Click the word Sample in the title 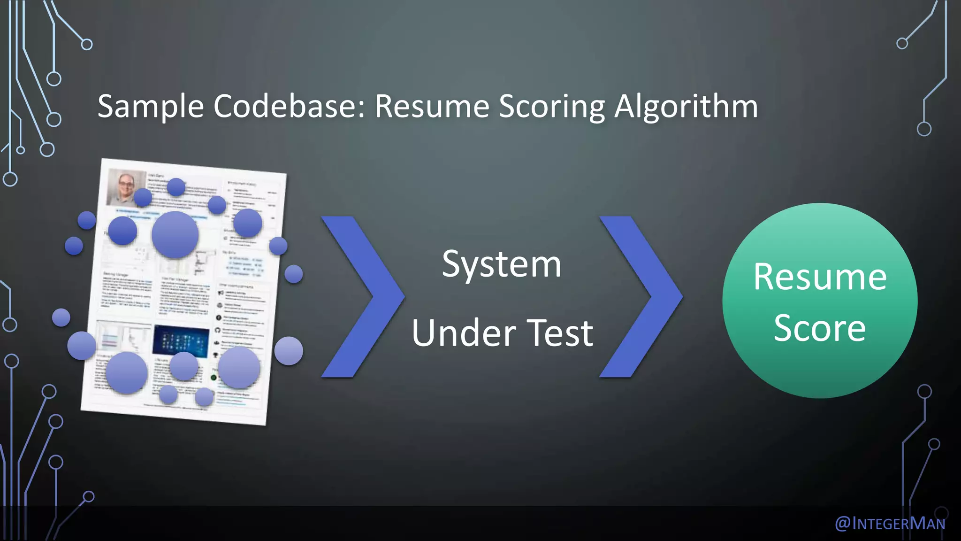pyautogui.click(x=151, y=106)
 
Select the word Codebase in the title pyautogui.click(x=289, y=106)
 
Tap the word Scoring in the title pyautogui.click(x=552, y=106)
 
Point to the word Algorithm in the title pyautogui.click(x=686, y=106)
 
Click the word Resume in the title pyautogui.click(x=432, y=106)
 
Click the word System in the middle pyautogui.click(x=501, y=264)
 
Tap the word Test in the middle pyautogui.click(x=560, y=333)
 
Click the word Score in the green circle pyautogui.click(x=819, y=328)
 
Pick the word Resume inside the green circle pyautogui.click(x=820, y=277)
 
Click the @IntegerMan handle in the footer pyautogui.click(x=890, y=523)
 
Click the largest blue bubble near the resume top pyautogui.click(x=175, y=235)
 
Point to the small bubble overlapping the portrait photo pyautogui.click(x=143, y=197)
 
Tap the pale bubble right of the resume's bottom pyautogui.click(x=289, y=351)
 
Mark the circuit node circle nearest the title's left pyautogui.click(x=54, y=119)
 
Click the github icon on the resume pyautogui.click(x=218, y=331)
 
